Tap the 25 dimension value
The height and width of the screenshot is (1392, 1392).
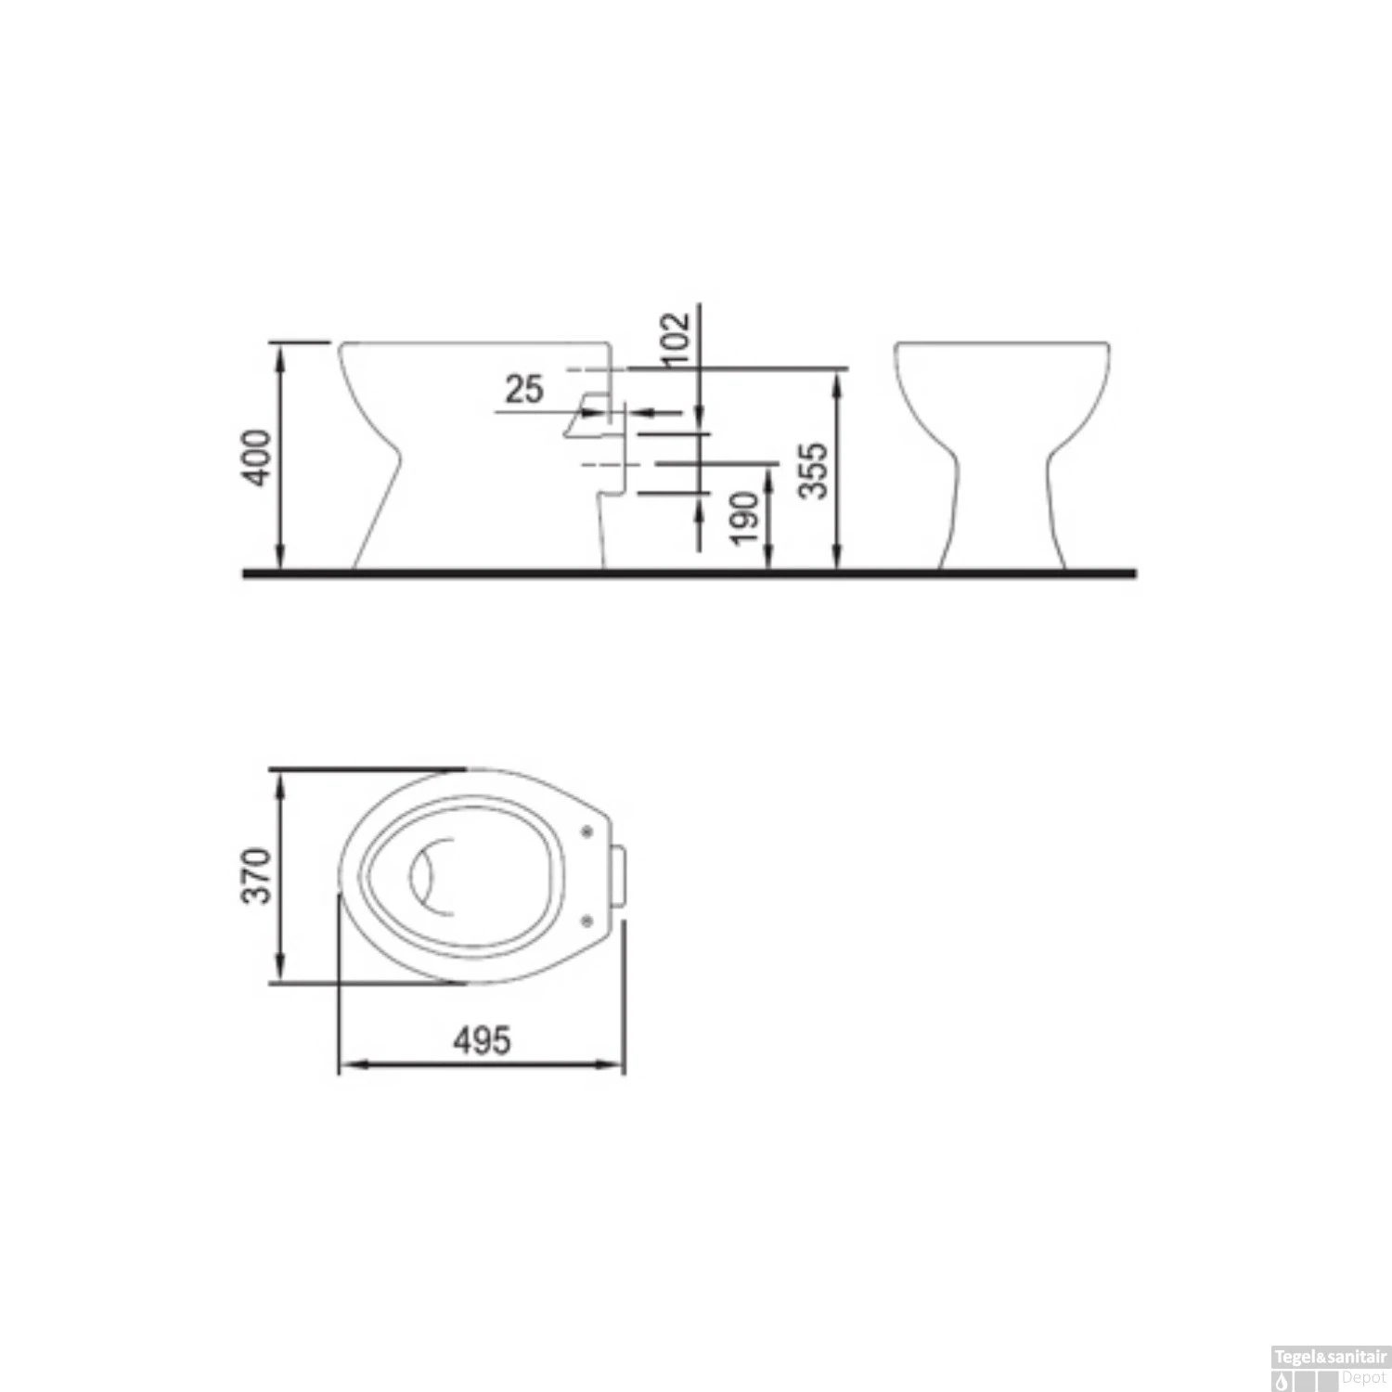tap(523, 389)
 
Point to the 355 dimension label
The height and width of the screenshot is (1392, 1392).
tap(814, 470)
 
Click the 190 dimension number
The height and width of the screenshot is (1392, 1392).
tap(744, 518)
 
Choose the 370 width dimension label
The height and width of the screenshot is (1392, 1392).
tap(257, 875)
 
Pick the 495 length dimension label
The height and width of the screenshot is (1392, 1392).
tap(482, 1040)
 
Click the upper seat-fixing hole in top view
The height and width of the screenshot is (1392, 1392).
tap(586, 831)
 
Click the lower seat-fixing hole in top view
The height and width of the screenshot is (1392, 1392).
tap(586, 919)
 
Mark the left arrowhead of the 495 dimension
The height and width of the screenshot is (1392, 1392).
tap(345, 1065)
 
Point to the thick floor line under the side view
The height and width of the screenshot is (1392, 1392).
tap(687, 574)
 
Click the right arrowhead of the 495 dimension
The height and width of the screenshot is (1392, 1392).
tap(616, 1065)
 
